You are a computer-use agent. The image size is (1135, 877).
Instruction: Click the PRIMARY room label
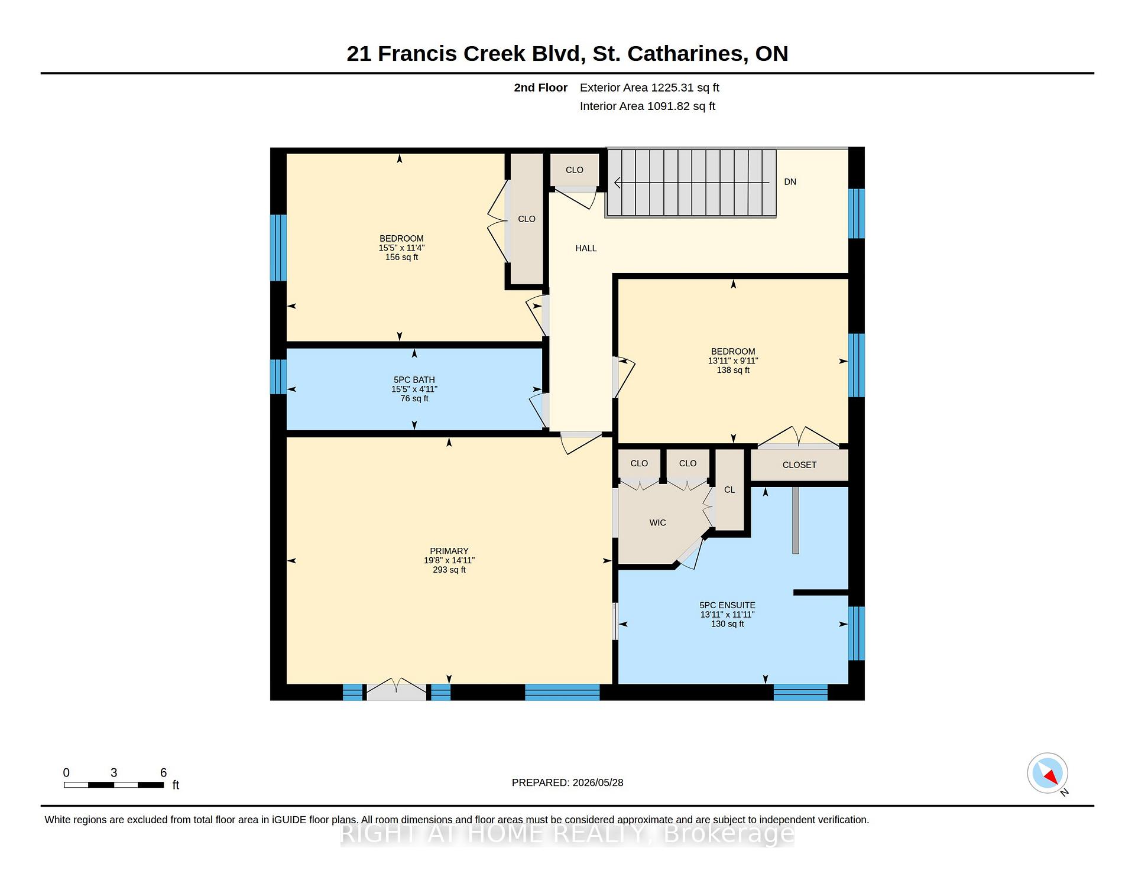(449, 551)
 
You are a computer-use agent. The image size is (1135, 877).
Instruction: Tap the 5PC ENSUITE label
(727, 605)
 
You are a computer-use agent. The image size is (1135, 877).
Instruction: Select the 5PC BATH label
(414, 380)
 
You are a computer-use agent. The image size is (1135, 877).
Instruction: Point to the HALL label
(586, 248)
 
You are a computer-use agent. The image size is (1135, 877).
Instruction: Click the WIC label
(657, 522)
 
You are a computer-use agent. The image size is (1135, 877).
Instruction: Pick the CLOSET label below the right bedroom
(799, 465)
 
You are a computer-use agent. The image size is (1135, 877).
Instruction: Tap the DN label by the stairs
(790, 182)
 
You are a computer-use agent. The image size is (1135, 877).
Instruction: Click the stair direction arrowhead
(618, 183)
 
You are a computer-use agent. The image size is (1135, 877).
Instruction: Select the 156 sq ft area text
(401, 257)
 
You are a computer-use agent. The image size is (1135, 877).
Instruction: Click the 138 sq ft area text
(733, 370)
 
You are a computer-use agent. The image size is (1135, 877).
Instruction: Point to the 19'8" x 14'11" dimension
(449, 560)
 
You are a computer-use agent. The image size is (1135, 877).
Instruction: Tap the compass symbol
(1048, 773)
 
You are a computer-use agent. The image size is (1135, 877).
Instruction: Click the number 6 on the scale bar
(164, 772)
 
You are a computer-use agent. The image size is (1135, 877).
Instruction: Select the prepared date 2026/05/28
(598, 782)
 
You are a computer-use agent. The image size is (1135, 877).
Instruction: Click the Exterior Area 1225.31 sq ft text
(649, 87)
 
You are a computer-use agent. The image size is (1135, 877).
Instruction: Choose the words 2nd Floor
(540, 87)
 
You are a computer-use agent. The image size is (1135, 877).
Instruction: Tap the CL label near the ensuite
(729, 490)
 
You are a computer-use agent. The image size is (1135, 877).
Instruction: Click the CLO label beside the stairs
(574, 170)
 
